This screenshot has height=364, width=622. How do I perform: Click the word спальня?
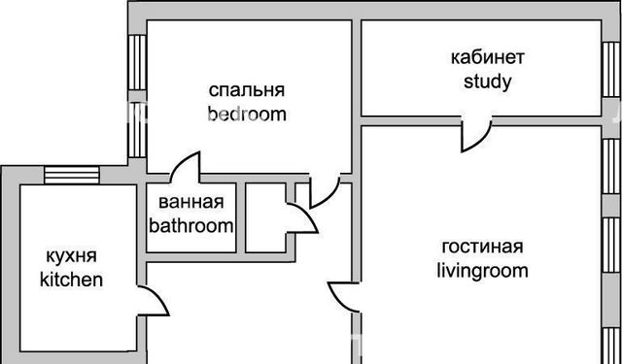click(247, 90)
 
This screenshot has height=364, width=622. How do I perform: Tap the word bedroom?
click(247, 115)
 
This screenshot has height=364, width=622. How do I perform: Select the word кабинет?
click(488, 57)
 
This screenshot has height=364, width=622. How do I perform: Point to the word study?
click(488, 83)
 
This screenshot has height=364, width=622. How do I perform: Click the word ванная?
click(191, 202)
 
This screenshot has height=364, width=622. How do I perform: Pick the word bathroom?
click(191, 226)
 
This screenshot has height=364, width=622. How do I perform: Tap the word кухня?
click(71, 256)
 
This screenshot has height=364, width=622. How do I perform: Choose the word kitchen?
click(71, 280)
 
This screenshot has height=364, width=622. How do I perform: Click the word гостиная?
click(482, 248)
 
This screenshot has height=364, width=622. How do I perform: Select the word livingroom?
click(482, 272)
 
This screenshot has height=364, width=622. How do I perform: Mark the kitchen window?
click(71, 175)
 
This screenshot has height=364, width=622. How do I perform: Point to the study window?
click(611, 70)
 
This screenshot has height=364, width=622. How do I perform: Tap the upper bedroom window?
click(138, 62)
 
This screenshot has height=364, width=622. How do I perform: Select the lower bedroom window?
click(138, 130)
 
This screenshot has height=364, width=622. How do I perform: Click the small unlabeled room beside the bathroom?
click(265, 217)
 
